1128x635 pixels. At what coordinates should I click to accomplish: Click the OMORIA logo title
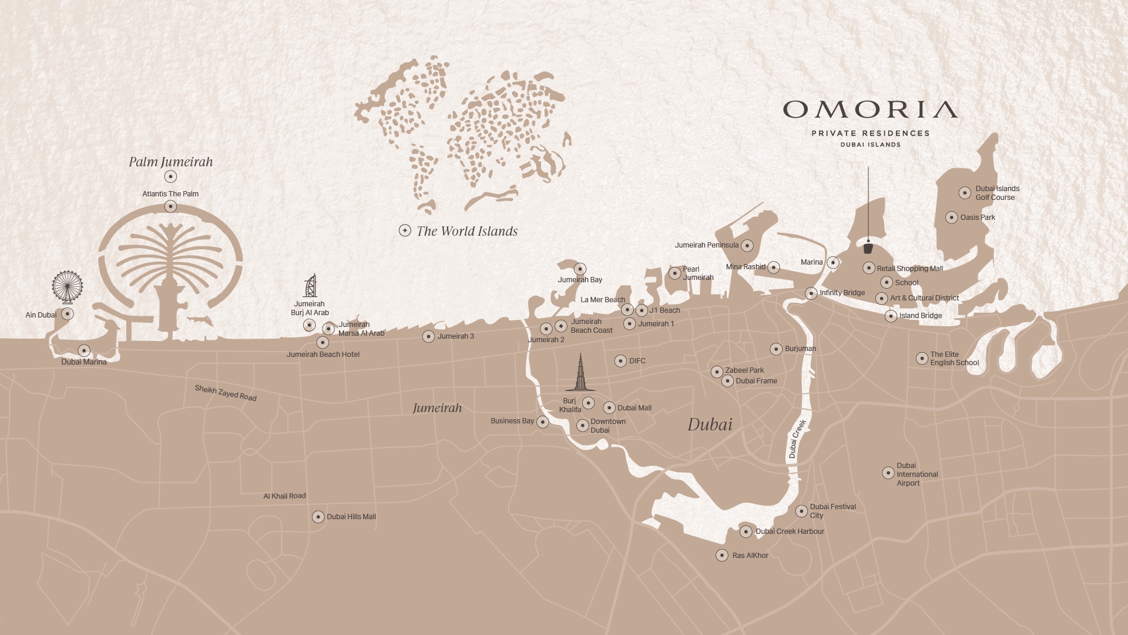(870, 109)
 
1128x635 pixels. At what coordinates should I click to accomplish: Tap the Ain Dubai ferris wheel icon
(67, 286)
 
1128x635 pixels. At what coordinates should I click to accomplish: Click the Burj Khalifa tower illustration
(580, 373)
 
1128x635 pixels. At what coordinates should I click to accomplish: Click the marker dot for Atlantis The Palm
(170, 206)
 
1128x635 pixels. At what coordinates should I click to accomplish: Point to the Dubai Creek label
(797, 439)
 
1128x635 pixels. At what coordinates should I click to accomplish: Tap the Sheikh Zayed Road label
(226, 393)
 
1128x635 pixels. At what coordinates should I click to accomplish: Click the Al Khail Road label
(284, 496)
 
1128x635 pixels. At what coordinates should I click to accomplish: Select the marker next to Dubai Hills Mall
(318, 517)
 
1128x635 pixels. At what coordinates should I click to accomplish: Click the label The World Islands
(467, 231)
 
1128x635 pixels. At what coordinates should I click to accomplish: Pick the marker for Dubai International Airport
(888, 473)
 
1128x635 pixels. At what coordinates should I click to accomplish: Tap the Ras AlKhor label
(750, 556)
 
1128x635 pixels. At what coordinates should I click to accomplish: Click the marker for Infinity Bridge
(811, 293)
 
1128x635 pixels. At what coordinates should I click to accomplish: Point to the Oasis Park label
(978, 218)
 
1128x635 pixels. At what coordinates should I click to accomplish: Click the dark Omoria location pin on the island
(868, 248)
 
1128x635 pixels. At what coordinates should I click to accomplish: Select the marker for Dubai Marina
(84, 351)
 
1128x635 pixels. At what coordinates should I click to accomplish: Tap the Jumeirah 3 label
(455, 336)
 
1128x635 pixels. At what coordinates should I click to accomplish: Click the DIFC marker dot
(620, 361)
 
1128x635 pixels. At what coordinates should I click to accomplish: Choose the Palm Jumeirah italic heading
(171, 162)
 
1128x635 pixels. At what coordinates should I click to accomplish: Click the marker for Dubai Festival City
(801, 511)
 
